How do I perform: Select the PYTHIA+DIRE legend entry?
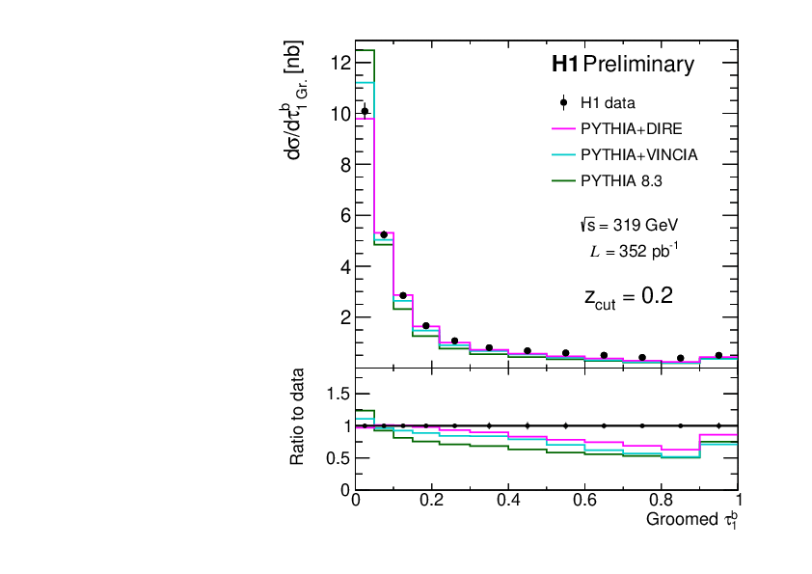click(636, 128)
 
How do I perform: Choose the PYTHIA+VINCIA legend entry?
click(639, 154)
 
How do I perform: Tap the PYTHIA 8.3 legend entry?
click(621, 180)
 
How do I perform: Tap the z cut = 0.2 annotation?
click(628, 297)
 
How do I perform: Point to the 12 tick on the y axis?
click(338, 63)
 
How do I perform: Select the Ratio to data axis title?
click(299, 417)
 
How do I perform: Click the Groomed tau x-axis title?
click(691, 520)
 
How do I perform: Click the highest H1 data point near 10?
click(365, 111)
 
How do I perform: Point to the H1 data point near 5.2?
click(384, 234)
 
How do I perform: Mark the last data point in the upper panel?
click(718, 355)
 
